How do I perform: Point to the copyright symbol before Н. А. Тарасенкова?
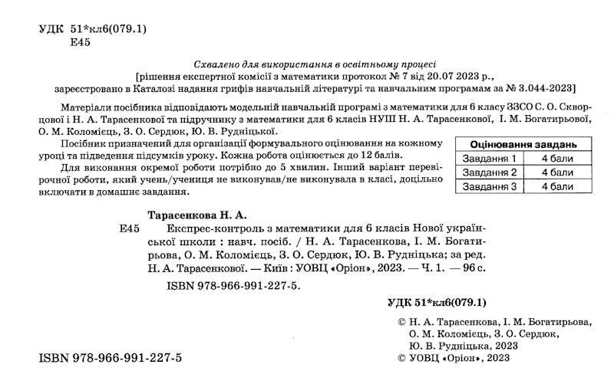pyautogui.click(x=394, y=323)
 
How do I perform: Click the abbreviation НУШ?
pyautogui.click(x=385, y=120)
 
